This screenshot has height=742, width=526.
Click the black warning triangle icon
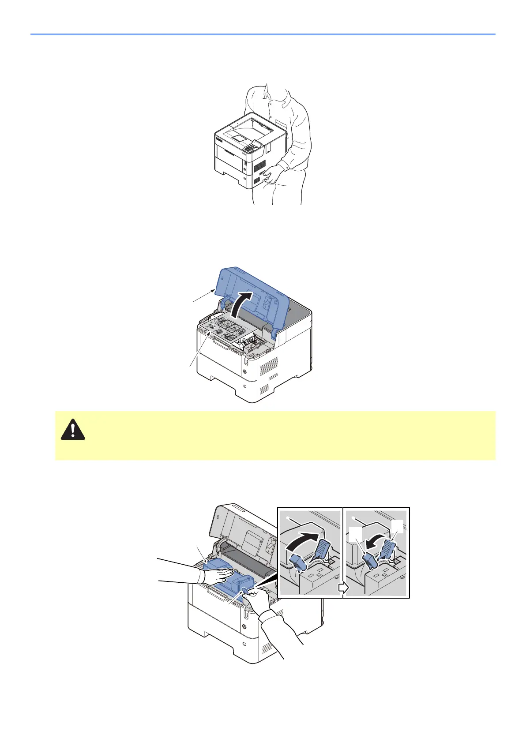73,430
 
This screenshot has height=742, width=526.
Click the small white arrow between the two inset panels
343,588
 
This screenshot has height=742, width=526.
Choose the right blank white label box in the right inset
397,526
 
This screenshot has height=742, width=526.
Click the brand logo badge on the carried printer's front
219,137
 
